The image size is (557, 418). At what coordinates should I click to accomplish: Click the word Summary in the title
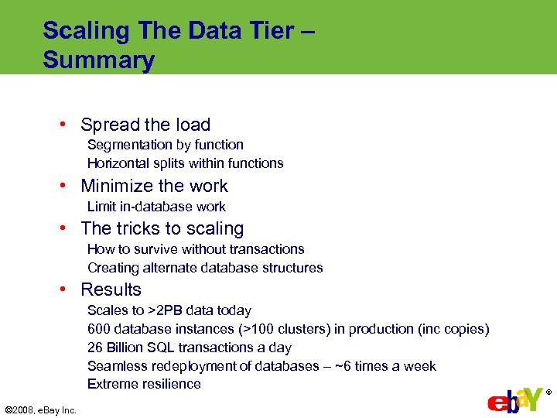[x=98, y=60]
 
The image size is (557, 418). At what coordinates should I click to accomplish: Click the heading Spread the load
[x=145, y=125]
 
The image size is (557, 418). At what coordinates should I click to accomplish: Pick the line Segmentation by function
[x=165, y=145]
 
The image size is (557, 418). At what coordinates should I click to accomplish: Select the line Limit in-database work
[x=156, y=207]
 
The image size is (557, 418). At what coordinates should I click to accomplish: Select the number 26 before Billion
[x=95, y=348]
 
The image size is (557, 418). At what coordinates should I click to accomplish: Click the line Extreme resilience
[x=144, y=384]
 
